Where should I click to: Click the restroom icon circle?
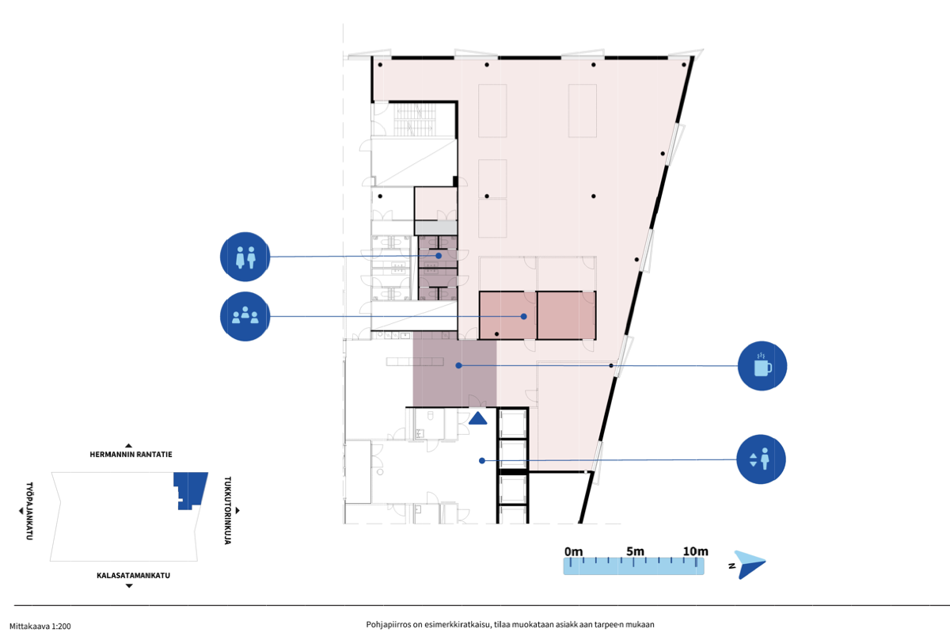tap(245, 257)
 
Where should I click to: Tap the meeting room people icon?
tap(245, 316)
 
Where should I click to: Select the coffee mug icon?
tap(762, 366)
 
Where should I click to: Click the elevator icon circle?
tap(761, 459)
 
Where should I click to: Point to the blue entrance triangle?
tap(478, 418)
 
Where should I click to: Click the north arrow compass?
tap(749, 565)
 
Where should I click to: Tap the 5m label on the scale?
tap(635, 551)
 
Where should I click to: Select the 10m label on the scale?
tap(696, 551)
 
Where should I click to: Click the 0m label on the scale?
tap(573, 552)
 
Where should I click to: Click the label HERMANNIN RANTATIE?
tap(131, 455)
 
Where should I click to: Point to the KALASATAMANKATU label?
tap(133, 576)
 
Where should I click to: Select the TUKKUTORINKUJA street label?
tap(228, 510)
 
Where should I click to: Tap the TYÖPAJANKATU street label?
tap(29, 511)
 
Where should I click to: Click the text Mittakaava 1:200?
tap(40, 626)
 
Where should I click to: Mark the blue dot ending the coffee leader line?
tap(458, 365)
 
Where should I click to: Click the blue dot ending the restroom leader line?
tap(439, 256)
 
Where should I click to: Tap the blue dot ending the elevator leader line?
tap(482, 460)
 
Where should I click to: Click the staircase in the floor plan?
tap(415, 120)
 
